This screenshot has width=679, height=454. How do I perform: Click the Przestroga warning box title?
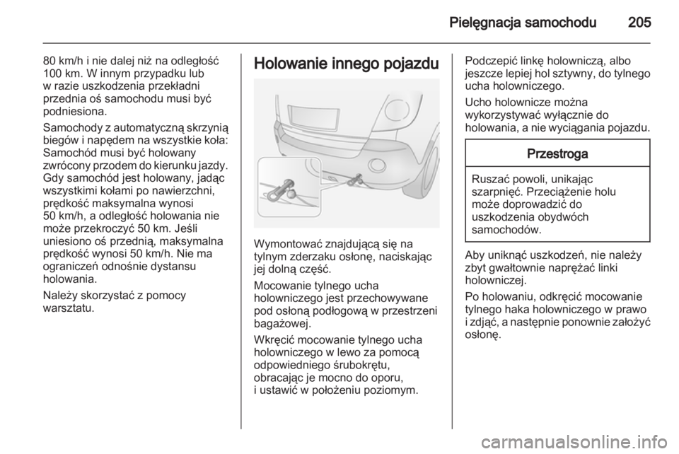pyautogui.click(x=558, y=153)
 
